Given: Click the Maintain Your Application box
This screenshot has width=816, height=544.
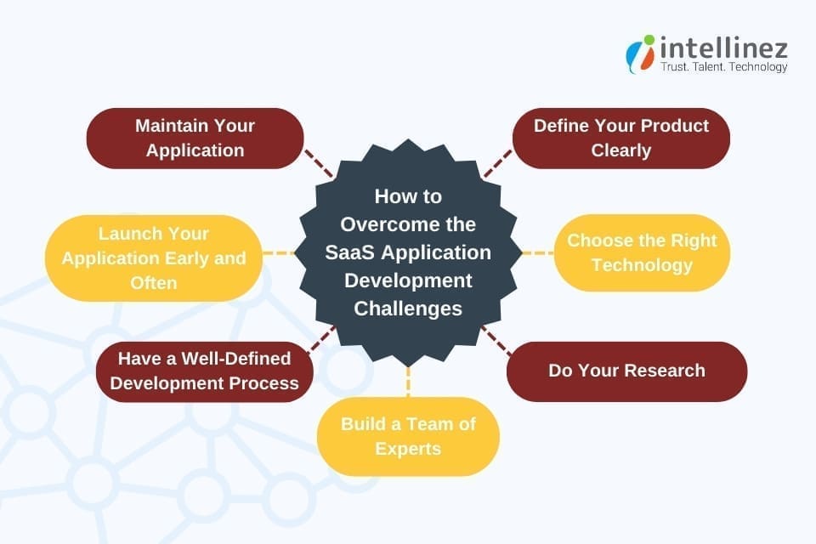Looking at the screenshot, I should coord(195,138).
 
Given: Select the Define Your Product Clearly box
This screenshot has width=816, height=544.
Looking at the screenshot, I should coord(620,138).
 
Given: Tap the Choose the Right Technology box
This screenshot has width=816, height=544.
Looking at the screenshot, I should coord(642,252).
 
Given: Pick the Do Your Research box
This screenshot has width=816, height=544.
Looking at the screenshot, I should coord(626,371).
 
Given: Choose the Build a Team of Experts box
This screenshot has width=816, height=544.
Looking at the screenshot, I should coord(408,435).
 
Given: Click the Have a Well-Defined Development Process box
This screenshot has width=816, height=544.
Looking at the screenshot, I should coord(204,371).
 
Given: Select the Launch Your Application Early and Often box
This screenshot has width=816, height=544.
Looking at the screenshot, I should coord(153,258).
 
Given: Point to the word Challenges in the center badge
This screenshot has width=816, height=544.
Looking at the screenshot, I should coord(408,308).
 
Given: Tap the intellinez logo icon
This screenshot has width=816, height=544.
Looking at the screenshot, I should coord(640,54).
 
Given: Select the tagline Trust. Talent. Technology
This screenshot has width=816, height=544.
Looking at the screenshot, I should coord(724,67).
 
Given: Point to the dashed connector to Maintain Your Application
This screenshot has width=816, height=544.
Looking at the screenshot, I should coord(319,162).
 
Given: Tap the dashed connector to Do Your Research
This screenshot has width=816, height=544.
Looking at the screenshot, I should coord(496,339).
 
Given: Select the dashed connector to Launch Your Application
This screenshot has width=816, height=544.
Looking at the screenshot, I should coord(279,253).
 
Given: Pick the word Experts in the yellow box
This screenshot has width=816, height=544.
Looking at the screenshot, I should coord(408,448).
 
